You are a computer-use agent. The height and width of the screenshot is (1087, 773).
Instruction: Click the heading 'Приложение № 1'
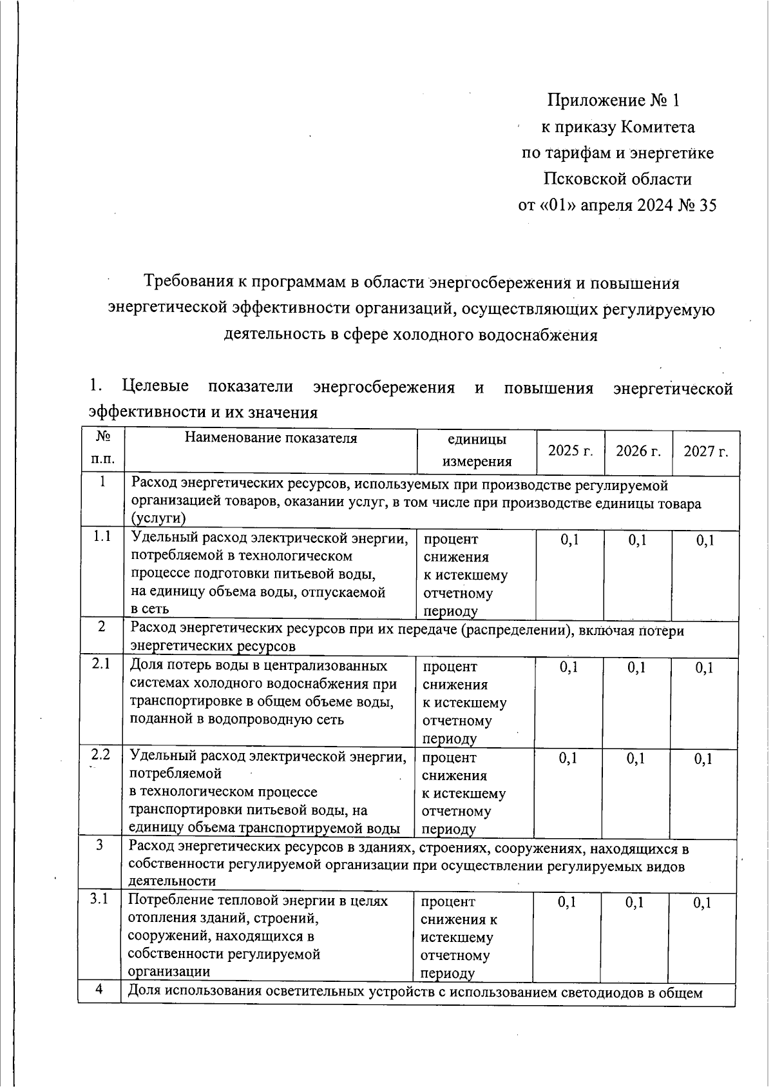(613, 101)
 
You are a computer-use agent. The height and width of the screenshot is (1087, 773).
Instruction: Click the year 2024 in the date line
(653, 206)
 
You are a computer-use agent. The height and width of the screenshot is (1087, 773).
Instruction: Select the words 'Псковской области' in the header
(617, 179)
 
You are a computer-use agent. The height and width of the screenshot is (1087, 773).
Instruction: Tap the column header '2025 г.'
(570, 451)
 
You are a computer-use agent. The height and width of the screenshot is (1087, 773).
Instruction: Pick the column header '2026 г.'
(638, 451)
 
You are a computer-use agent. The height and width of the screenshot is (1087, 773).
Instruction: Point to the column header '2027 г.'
(706, 451)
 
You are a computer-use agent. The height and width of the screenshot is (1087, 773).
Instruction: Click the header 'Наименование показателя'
(271, 439)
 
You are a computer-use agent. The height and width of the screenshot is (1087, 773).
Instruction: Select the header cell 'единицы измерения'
(477, 451)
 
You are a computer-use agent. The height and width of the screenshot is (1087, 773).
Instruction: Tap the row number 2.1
(101, 665)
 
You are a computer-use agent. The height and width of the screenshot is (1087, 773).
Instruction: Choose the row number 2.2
(100, 755)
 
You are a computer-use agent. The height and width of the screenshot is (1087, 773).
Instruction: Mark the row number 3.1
(99, 899)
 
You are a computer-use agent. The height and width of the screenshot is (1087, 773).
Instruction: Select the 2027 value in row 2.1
(704, 669)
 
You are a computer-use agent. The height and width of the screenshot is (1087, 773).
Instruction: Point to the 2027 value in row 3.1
(702, 903)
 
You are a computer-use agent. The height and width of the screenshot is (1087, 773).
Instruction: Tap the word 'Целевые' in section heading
(155, 387)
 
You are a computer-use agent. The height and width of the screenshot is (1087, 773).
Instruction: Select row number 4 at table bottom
(99, 990)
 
